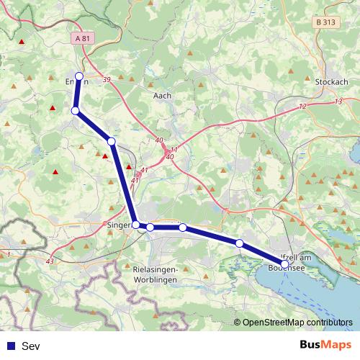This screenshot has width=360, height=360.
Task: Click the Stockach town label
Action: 331,82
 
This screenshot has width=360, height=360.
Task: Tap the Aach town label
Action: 162,94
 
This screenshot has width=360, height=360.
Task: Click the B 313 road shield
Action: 325,22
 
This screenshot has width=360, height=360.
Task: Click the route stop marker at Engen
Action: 79,76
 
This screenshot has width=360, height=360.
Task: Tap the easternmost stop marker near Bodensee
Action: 285,264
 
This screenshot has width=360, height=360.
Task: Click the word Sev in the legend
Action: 31,346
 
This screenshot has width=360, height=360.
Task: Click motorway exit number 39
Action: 107,80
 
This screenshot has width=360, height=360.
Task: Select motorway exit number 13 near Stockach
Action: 338,102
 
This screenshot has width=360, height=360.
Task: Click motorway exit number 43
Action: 49,261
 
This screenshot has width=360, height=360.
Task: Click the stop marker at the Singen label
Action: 136,225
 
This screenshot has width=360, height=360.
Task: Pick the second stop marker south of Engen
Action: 112,141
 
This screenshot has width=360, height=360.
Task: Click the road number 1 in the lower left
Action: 8,254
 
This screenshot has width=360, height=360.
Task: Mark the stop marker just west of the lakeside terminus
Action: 239,243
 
